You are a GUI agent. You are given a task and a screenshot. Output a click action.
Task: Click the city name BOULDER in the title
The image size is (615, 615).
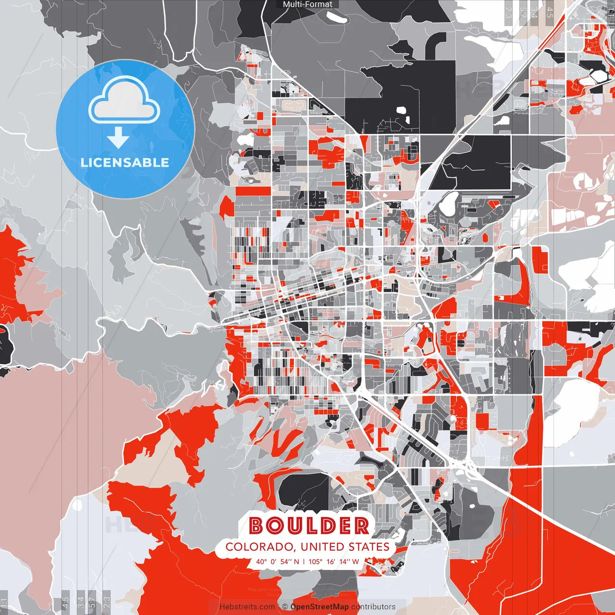309,526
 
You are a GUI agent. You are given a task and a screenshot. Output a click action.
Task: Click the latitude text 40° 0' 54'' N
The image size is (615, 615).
277,561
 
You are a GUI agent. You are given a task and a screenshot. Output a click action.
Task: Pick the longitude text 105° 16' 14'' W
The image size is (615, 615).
333,561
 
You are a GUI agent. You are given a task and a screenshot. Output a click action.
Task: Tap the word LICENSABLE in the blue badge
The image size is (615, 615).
125,162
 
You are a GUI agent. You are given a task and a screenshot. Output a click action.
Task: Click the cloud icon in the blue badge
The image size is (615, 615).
124,101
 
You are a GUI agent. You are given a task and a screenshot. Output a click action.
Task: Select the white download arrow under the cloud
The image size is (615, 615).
118,138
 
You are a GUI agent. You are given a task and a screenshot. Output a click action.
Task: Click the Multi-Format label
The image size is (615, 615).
307,4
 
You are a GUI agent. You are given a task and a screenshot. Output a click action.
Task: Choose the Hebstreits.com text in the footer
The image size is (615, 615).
247,607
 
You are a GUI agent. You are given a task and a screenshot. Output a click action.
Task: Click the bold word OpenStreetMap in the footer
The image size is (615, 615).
320,607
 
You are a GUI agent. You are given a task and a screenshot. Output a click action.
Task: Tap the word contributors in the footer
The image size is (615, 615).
373,607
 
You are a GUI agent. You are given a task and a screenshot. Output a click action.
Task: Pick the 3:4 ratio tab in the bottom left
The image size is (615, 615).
80,601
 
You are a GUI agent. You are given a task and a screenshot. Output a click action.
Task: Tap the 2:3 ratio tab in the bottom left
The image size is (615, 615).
107,601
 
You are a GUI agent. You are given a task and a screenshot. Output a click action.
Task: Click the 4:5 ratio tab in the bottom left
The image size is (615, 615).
65,601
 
